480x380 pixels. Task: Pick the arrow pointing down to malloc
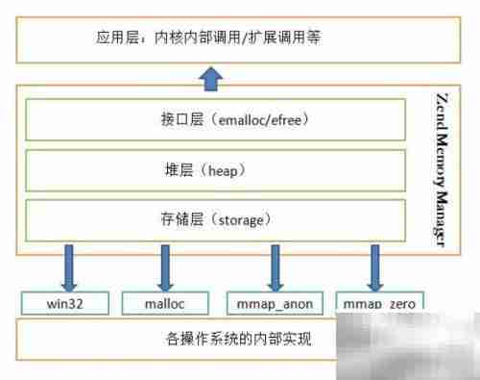click(164, 266)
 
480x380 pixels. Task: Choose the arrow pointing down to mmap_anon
click(276, 266)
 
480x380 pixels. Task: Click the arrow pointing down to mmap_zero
click(373, 266)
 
